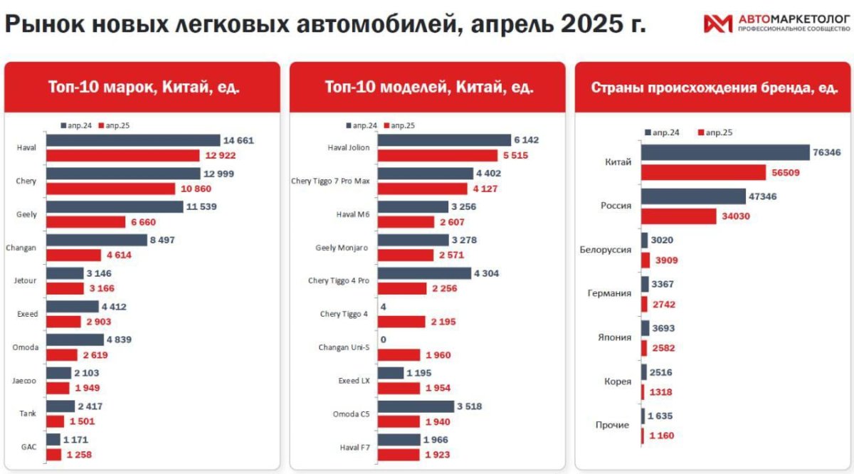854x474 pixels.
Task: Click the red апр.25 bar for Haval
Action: point(122,155)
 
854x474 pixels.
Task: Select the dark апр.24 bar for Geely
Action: point(114,206)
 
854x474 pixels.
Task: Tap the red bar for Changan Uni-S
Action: point(401,354)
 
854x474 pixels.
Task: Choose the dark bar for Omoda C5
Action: point(415,406)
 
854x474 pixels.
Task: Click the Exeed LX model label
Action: point(354,381)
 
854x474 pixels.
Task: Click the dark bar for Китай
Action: point(725,152)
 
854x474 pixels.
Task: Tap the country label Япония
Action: point(613,337)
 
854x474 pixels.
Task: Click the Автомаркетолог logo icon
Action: point(717,24)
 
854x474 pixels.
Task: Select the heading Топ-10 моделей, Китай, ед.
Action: point(428,87)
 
